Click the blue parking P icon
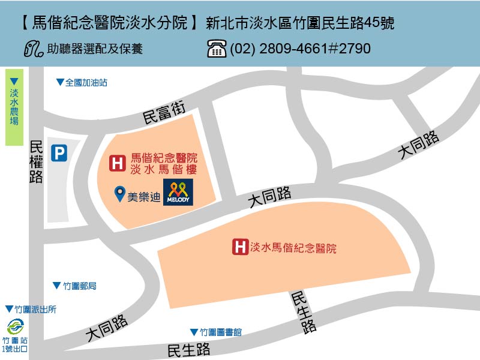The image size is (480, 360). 58,154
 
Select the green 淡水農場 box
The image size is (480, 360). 14,108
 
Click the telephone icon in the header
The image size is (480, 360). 217,49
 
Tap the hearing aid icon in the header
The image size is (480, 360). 34,48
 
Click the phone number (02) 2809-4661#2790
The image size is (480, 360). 300,49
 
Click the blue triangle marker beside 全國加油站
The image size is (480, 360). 59,83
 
